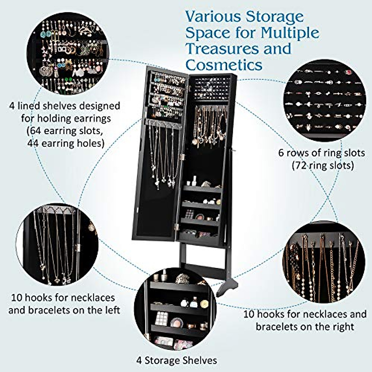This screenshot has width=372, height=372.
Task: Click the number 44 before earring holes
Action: (x=33, y=143)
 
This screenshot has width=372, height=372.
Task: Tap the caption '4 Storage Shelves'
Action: (x=176, y=361)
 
